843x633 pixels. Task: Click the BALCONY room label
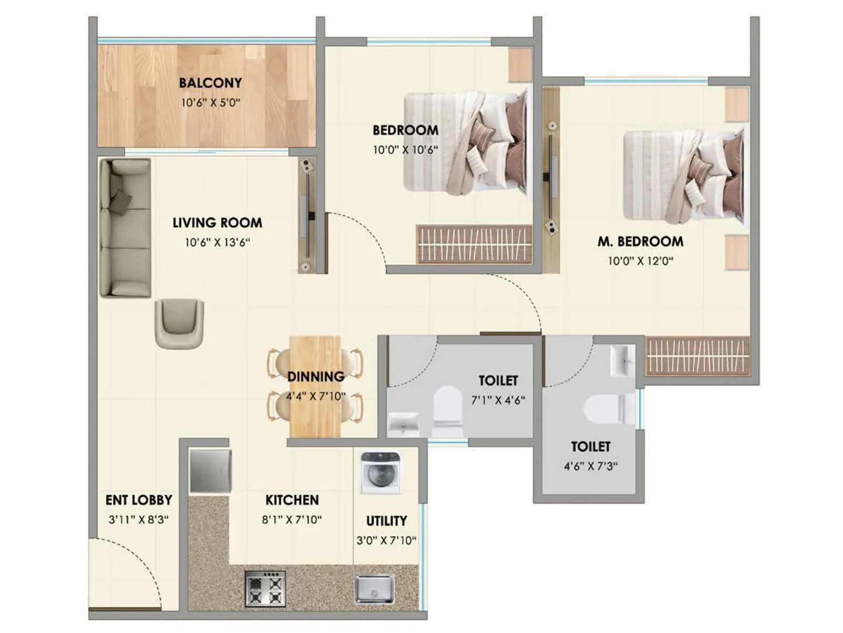tap(210, 83)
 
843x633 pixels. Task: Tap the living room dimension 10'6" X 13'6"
tap(217, 243)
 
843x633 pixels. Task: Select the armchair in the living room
tap(179, 323)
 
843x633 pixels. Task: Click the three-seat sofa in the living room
tap(125, 228)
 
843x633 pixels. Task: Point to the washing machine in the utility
tap(380, 472)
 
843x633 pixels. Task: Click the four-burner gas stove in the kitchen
tap(265, 589)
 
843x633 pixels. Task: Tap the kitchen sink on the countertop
tap(374, 589)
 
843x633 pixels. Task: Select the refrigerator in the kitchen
tap(210, 471)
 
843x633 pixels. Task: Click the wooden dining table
tap(315, 387)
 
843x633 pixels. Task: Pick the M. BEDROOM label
tap(640, 242)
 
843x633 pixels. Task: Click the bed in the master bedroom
tap(684, 176)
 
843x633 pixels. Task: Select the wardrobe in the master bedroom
tap(697, 356)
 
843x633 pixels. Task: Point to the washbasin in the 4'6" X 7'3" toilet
tap(622, 360)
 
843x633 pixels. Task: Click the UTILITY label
tap(386, 521)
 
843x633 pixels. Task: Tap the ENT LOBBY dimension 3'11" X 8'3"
tap(139, 520)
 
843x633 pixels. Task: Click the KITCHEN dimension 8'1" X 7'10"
tap(292, 520)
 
